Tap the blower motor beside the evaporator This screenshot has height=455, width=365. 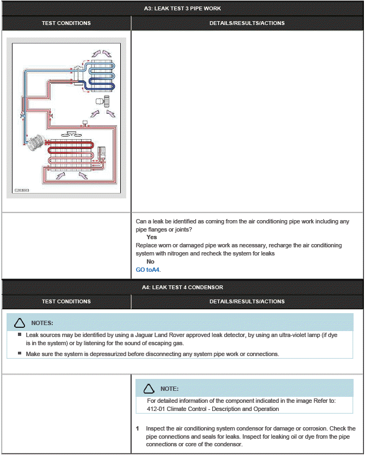click(x=102, y=101)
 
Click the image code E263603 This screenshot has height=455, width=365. click(x=22, y=191)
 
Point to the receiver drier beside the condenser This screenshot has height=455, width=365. click(x=101, y=154)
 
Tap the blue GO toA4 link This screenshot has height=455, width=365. click(x=148, y=270)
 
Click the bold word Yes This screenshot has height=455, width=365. click(x=151, y=238)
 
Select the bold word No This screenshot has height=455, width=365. click(x=150, y=261)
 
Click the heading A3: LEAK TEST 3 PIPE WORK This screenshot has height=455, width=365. click(x=182, y=8)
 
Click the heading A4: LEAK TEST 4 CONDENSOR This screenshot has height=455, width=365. click(x=182, y=287)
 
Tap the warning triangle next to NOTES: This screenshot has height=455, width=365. click(x=20, y=323)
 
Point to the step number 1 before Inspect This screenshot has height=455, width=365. click(x=138, y=429)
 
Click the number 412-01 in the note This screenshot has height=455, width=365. click(x=157, y=409)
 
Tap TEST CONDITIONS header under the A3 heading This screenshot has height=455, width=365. click(x=66, y=23)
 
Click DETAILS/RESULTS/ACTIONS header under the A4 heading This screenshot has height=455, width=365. click(x=247, y=301)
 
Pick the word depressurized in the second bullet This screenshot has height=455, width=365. click(x=100, y=354)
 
